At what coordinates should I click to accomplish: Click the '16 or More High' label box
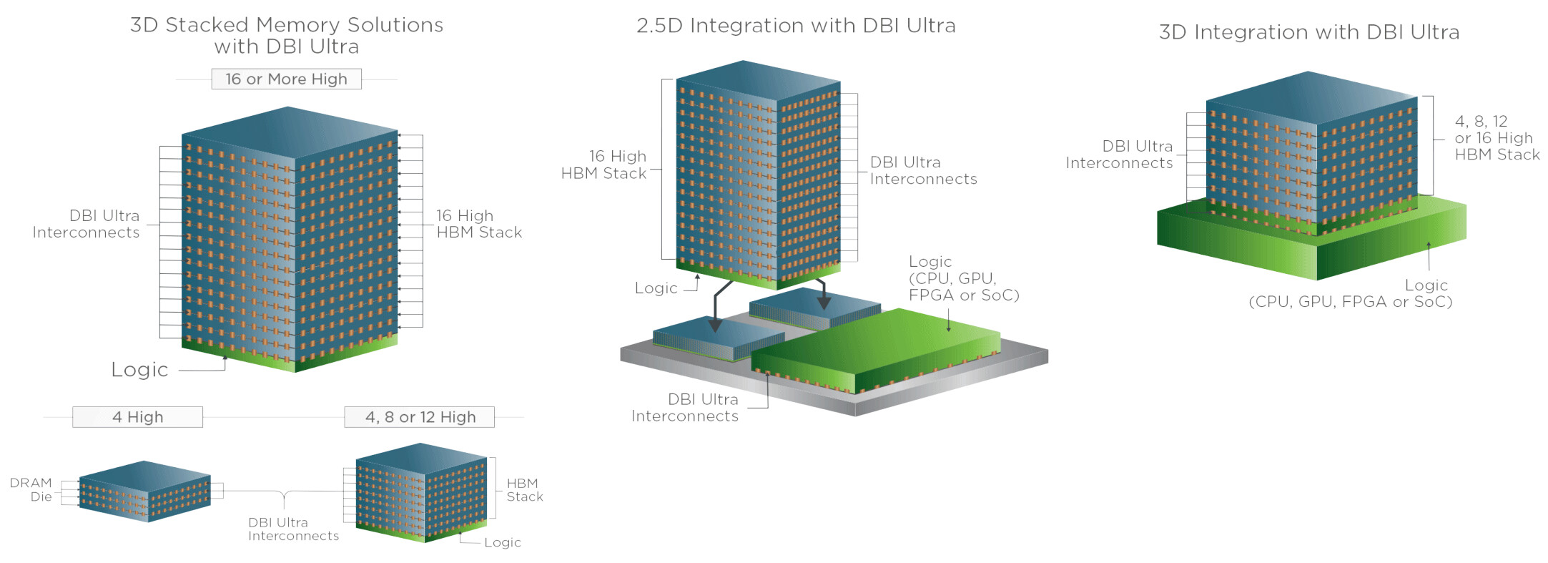[x=286, y=79]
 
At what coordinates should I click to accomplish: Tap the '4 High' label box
[x=137, y=417]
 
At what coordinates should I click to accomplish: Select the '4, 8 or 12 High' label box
[x=420, y=417]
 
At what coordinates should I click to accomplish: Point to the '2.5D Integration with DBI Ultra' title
[x=796, y=26]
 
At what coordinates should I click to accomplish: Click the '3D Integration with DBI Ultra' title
[x=1308, y=32]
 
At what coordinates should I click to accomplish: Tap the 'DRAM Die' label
[x=31, y=490]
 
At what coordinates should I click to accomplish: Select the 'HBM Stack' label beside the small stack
[x=524, y=490]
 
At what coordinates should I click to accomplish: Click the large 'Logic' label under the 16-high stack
[x=139, y=370]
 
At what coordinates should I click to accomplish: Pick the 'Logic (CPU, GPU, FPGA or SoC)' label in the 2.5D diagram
[x=963, y=278]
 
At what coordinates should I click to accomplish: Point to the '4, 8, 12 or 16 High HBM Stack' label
[x=1497, y=138]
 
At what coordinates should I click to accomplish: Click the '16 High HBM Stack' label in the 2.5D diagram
[x=604, y=165]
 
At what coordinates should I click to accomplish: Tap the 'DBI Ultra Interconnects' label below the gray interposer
[x=684, y=408]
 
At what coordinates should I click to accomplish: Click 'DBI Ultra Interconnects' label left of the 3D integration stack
[x=1119, y=155]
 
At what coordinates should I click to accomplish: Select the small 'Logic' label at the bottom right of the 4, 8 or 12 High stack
[x=502, y=542]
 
